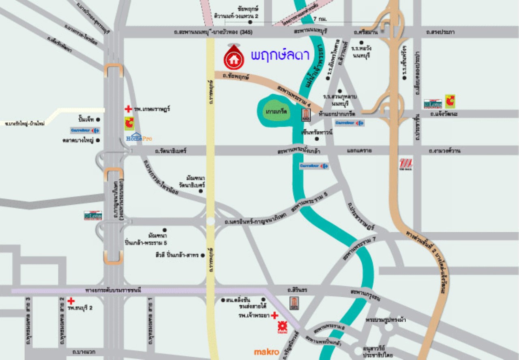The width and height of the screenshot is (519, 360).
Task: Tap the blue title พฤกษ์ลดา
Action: click(280, 56)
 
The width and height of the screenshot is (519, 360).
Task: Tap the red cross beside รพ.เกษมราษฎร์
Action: click(128, 109)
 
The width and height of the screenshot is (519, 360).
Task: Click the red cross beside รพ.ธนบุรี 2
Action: click(71, 301)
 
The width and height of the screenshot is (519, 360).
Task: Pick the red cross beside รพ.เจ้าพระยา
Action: click(275, 315)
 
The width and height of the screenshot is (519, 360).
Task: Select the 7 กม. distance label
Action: click(320, 19)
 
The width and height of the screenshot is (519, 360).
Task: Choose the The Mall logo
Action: click(406, 164)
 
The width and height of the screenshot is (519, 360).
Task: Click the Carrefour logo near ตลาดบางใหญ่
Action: click(85, 131)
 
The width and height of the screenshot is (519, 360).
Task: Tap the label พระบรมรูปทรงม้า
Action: click(385, 320)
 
